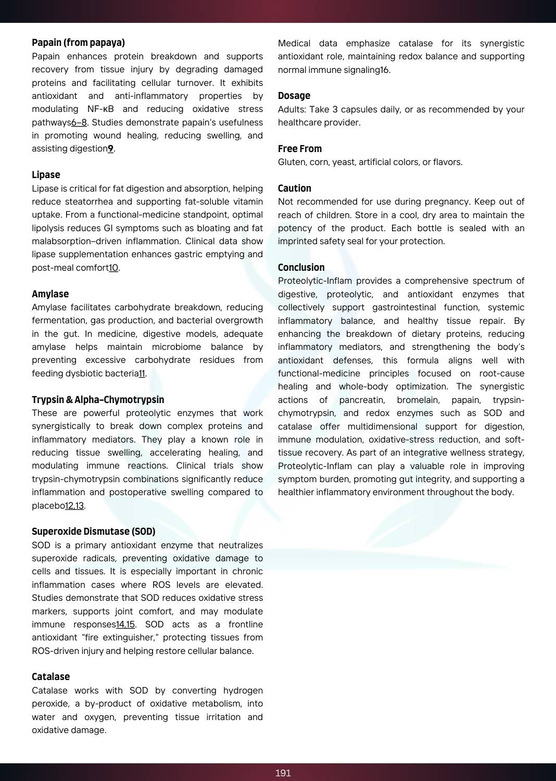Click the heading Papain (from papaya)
tap(78, 43)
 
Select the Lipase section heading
tap(46, 175)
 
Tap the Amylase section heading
tap(50, 294)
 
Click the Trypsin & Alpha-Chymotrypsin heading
tap(98, 400)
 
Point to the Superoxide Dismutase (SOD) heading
tap(94, 532)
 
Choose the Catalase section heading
tap(50, 677)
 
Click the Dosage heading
tap(294, 96)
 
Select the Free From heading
tap(300, 149)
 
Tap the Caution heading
tap(295, 188)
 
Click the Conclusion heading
tap(301, 268)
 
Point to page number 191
tap(283, 773)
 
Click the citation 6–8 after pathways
tap(79, 122)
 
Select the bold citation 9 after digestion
tap(110, 149)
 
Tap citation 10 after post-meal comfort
tap(113, 268)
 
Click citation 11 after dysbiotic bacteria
tap(142, 373)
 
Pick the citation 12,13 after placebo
tap(74, 506)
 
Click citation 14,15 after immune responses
tap(125, 624)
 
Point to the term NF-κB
tap(100, 109)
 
